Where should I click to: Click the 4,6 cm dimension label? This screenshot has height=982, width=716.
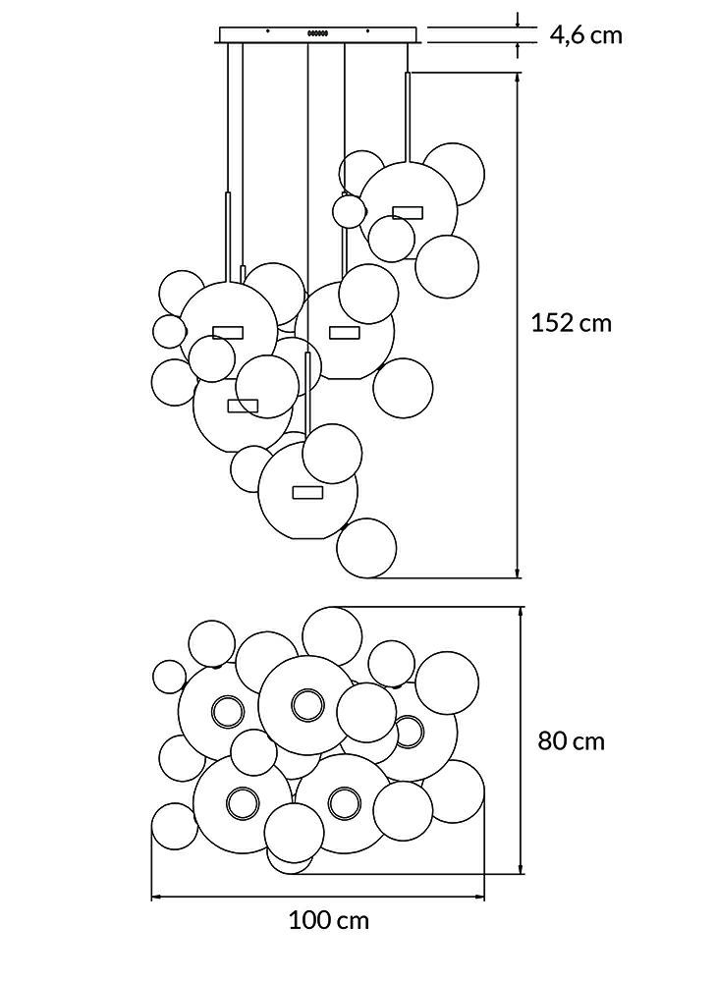(586, 35)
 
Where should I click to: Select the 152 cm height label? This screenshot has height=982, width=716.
(571, 323)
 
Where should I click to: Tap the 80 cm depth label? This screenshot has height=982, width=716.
(572, 740)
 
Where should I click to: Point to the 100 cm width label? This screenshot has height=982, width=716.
(329, 921)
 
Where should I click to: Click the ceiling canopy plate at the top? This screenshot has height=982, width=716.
(317, 35)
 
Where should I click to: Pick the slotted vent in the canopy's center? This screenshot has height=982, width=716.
(317, 32)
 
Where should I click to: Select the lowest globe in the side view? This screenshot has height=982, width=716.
(366, 547)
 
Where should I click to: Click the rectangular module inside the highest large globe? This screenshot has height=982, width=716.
(408, 212)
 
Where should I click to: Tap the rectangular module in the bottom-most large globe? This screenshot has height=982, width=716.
(307, 492)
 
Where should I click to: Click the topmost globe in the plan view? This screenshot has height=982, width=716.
(332, 635)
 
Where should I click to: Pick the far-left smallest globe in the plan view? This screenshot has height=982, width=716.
(169, 677)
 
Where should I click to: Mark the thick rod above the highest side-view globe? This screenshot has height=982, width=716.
(408, 117)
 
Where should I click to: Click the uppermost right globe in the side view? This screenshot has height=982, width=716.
(454, 175)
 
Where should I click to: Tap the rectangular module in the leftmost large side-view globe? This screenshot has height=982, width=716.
(228, 333)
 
